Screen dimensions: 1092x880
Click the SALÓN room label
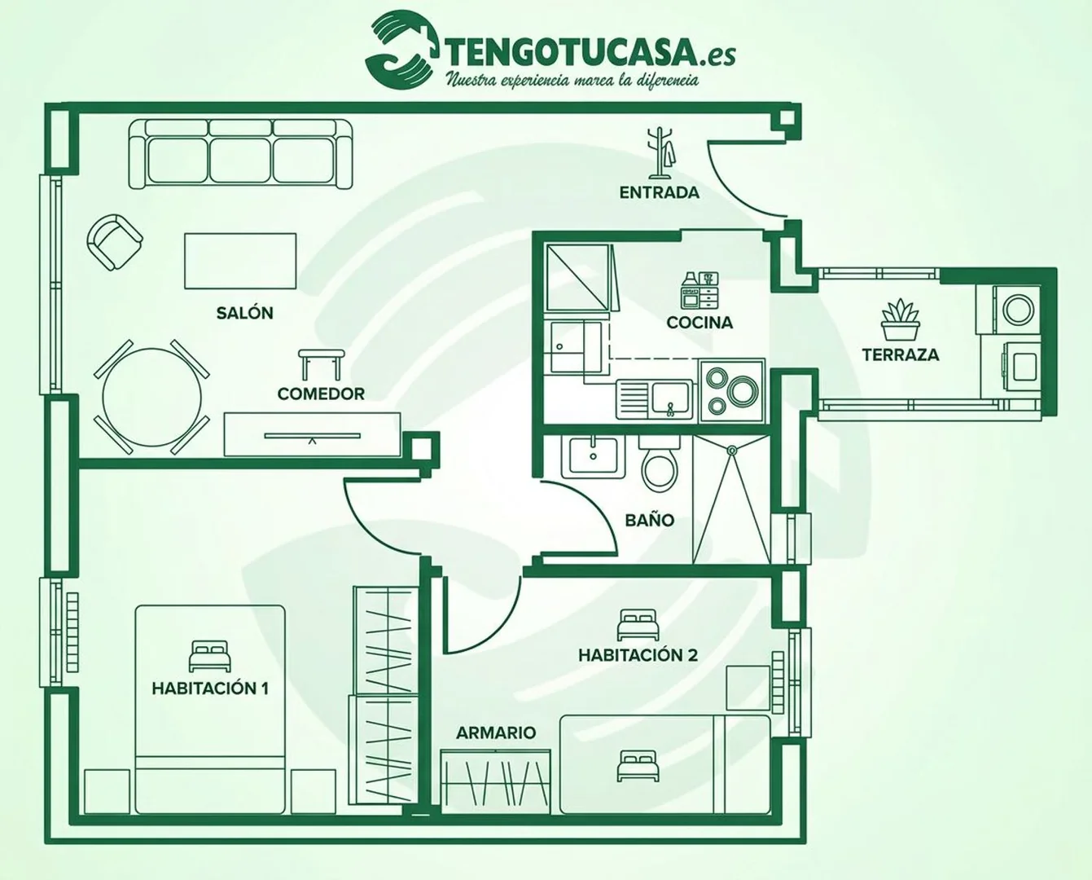(244, 313)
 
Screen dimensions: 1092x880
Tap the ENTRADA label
(659, 192)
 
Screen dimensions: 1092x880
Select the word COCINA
(699, 323)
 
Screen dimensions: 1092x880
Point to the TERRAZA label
(900, 354)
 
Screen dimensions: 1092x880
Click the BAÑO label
(650, 520)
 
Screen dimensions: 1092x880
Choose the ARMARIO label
(496, 733)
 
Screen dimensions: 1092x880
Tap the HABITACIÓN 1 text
(210, 689)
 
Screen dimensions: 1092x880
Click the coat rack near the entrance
(660, 152)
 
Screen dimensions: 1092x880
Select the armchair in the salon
(115, 242)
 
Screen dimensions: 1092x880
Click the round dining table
(151, 397)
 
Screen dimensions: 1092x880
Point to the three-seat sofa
(240, 154)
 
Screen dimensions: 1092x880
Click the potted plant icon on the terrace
(900, 319)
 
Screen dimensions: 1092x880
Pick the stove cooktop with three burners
(732, 391)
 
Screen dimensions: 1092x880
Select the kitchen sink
(654, 399)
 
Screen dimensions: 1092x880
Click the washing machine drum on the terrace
(1018, 310)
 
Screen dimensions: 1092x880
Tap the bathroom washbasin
(593, 456)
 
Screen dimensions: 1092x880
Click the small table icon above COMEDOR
(321, 364)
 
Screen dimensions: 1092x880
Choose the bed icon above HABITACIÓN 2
(638, 625)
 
